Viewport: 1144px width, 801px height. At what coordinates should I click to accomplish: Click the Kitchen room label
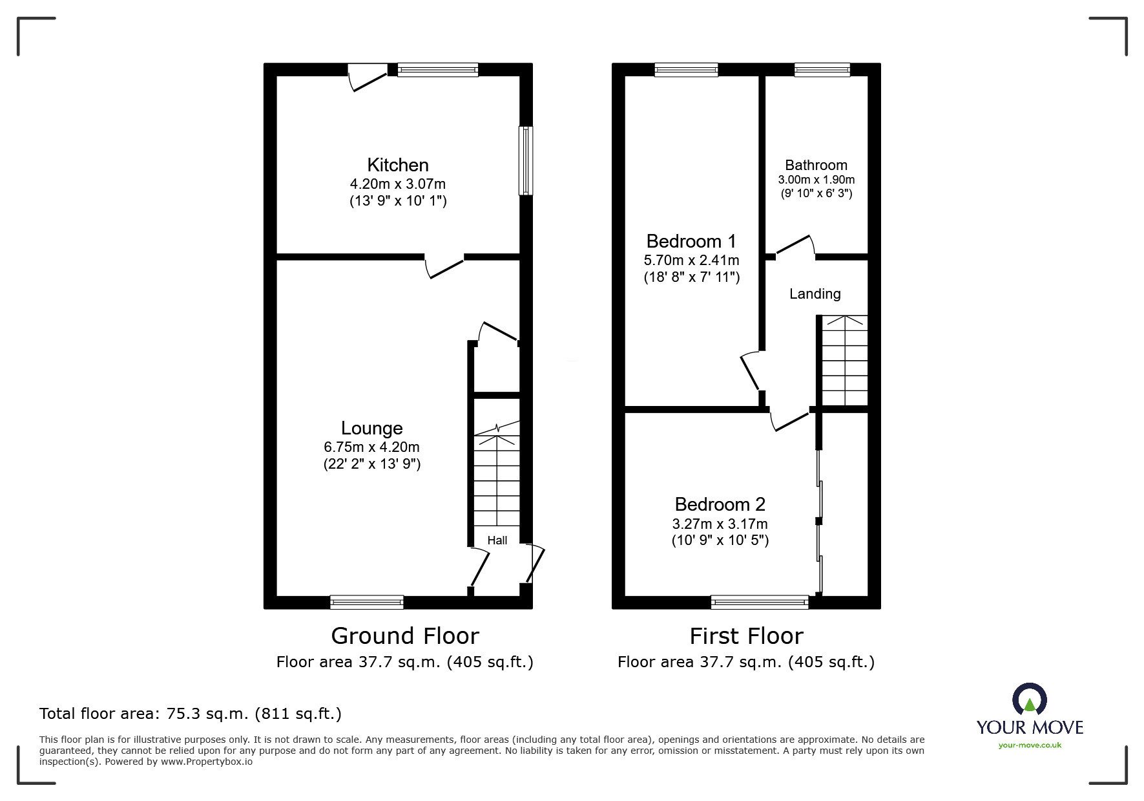pos(398,165)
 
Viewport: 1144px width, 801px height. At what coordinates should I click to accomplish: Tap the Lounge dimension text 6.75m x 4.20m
pos(372,447)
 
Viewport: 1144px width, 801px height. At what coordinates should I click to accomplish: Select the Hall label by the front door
pos(497,540)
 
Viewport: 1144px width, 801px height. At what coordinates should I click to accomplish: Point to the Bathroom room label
pos(816,165)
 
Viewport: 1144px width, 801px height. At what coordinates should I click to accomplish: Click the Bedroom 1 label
pos(691,241)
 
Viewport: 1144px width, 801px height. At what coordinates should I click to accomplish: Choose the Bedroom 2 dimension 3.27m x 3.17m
pos(720,524)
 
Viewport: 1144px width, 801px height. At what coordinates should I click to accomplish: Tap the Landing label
pos(815,294)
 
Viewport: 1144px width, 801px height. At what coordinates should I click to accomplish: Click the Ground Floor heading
pos(405,636)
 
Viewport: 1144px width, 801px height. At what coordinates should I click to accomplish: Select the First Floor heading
pos(746,636)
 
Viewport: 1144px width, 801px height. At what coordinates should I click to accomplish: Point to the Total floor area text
pos(191,714)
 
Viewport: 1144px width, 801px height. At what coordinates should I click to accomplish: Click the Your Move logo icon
pos(1029,699)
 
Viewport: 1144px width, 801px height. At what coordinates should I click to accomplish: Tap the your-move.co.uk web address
pos(1030,745)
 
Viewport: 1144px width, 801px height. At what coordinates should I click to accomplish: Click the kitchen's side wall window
pos(526,160)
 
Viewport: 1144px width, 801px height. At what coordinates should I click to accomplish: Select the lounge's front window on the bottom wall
pos(367,603)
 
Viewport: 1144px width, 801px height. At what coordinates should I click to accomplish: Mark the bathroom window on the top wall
pos(822,70)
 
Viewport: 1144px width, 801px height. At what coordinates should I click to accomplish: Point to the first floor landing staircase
pos(844,361)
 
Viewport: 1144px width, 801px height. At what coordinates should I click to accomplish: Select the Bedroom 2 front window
pos(760,603)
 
